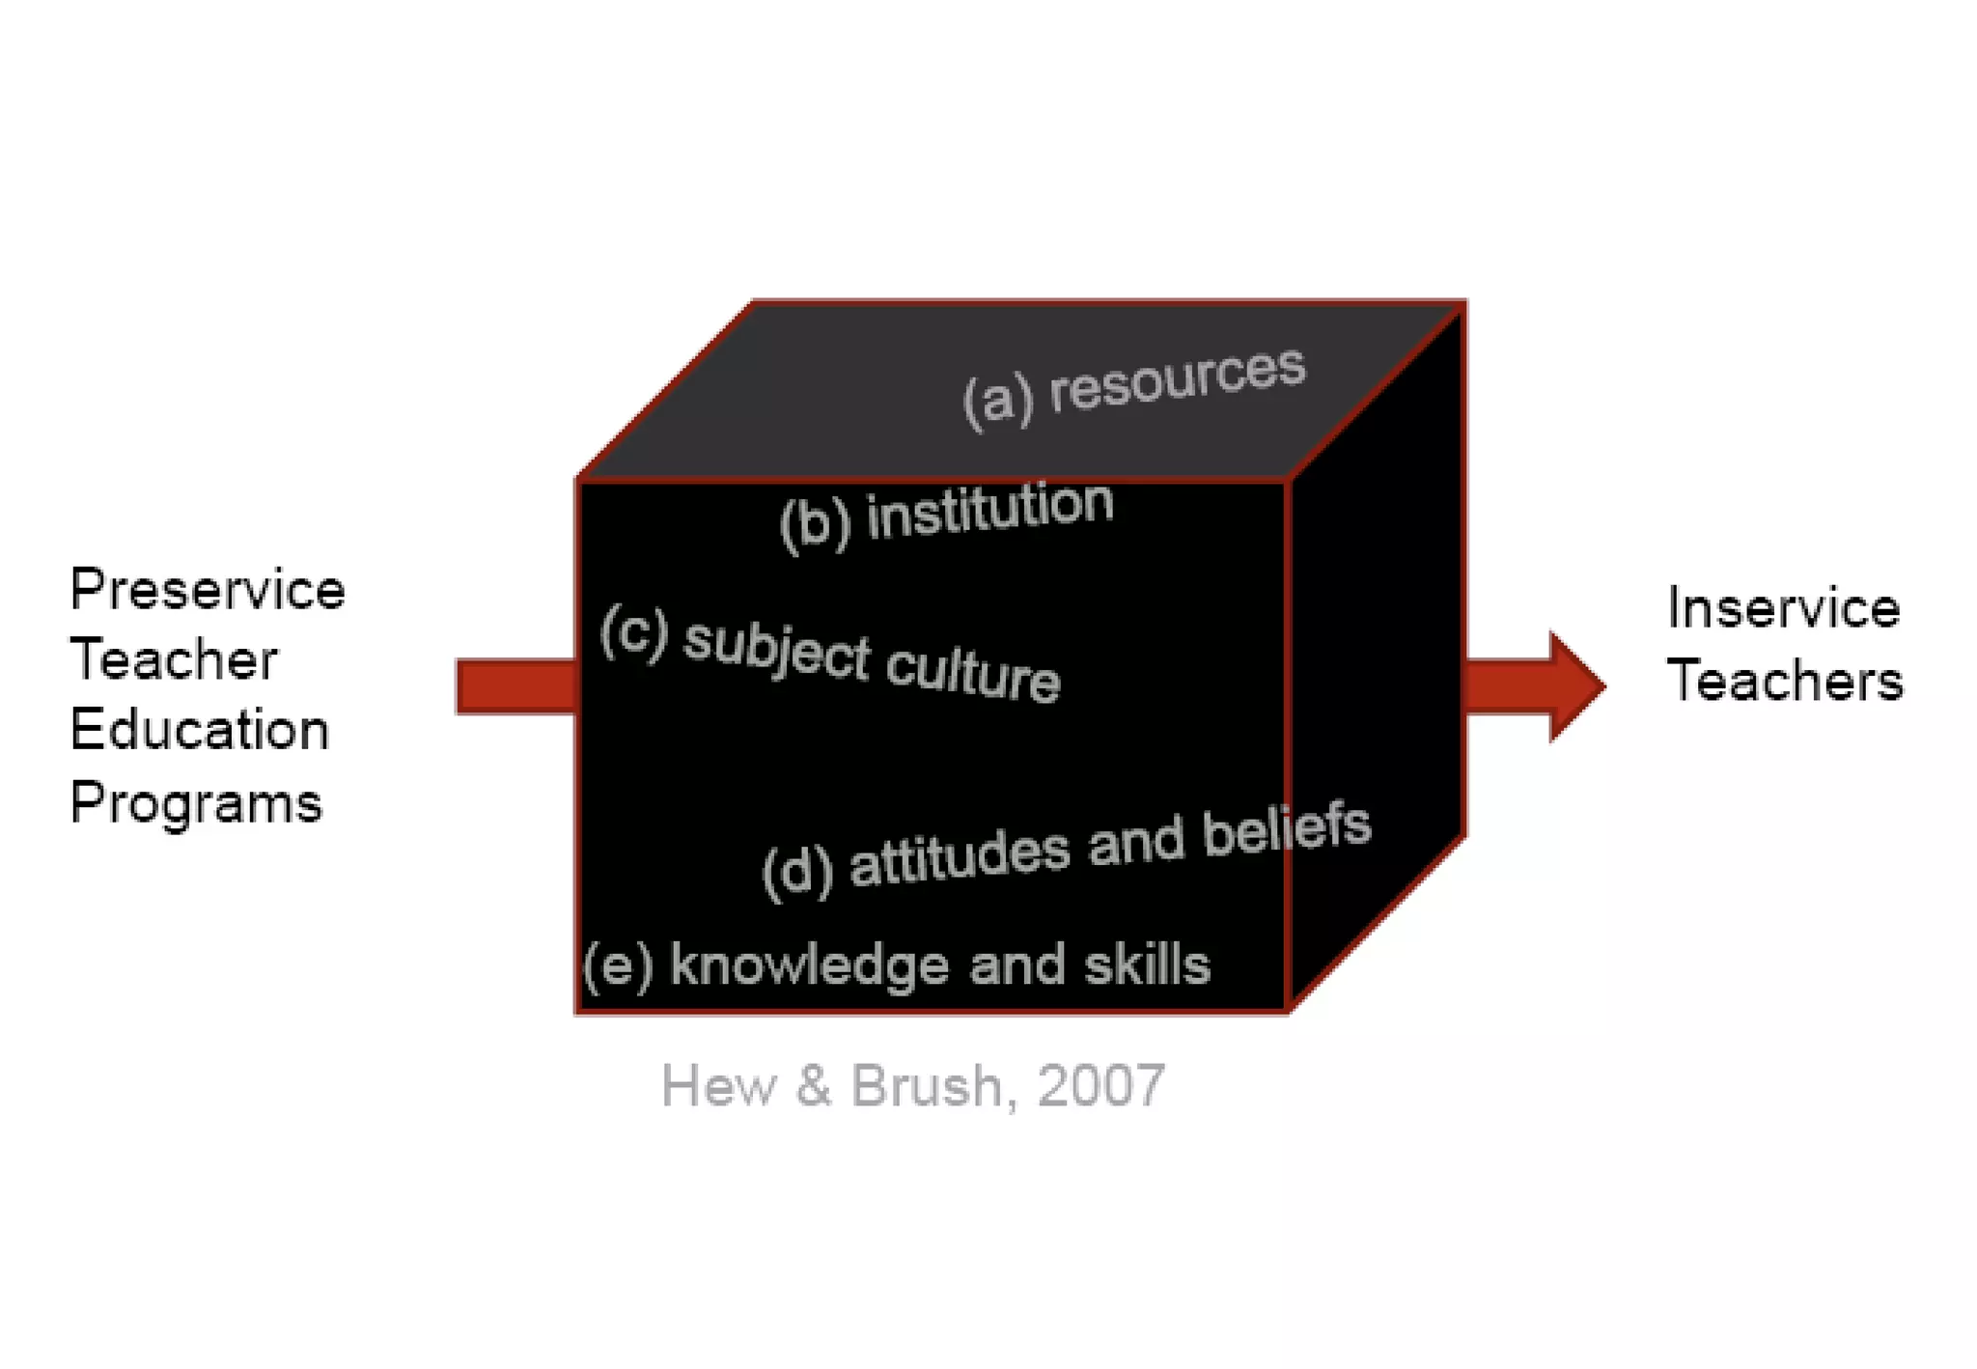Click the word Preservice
click(207, 590)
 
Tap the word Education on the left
click(200, 730)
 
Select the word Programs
click(196, 803)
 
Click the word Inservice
click(1784, 608)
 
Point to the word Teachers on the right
click(1785, 681)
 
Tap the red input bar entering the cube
click(516, 686)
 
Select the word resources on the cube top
click(1178, 378)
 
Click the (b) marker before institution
click(815, 524)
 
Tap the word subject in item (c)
click(776, 649)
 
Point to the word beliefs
click(1286, 829)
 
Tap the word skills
click(1146, 964)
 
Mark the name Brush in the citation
click(926, 1086)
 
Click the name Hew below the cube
click(718, 1086)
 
